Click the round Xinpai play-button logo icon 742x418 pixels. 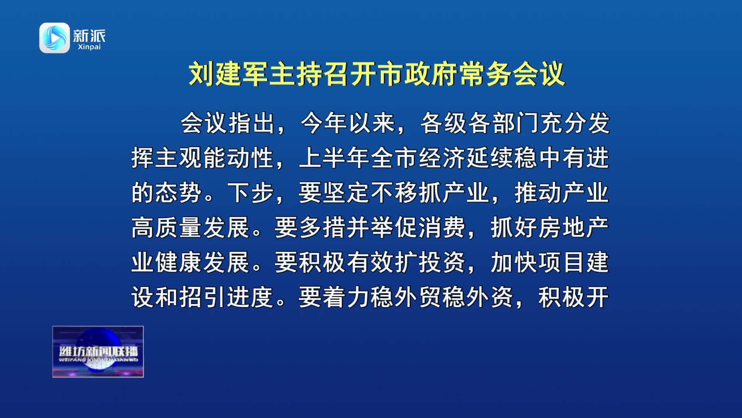tap(54, 38)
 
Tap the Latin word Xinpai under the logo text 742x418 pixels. tap(89, 47)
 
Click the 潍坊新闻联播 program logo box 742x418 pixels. tap(98, 352)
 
